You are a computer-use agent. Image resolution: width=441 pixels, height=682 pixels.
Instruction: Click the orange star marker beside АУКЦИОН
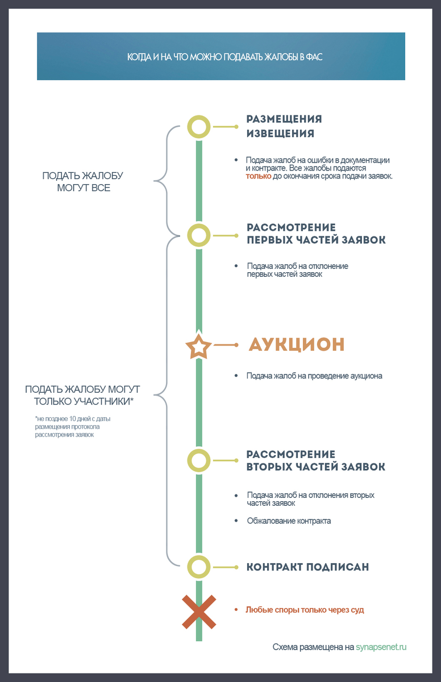[x=199, y=346]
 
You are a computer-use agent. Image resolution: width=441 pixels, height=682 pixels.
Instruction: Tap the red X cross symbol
[x=199, y=612]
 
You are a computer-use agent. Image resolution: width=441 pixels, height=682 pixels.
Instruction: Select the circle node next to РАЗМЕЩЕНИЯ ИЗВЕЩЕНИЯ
[x=199, y=127]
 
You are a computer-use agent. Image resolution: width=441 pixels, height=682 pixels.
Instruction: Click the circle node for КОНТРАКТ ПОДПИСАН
[x=199, y=567]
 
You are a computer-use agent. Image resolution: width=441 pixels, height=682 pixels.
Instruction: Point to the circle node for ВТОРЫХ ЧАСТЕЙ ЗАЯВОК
[x=199, y=460]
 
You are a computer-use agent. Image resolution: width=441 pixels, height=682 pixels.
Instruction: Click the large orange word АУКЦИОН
[x=297, y=344]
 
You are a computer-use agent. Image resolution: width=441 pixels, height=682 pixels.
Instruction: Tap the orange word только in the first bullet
[x=258, y=176]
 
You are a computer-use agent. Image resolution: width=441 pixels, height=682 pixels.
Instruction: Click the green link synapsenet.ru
[x=381, y=647]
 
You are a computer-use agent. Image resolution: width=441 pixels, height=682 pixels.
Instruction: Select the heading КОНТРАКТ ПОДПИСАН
[x=307, y=567]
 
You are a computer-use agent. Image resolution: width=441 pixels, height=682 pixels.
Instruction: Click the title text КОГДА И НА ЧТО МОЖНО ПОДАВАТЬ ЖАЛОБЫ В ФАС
[x=225, y=57]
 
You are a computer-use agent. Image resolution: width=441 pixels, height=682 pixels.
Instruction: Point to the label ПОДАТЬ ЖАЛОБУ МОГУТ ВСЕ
[x=83, y=181]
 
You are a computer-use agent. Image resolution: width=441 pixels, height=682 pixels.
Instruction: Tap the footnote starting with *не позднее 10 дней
[x=72, y=427]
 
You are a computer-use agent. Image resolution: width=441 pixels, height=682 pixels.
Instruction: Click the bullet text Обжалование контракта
[x=289, y=521]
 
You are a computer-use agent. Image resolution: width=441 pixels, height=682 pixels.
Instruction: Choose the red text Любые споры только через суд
[x=305, y=610]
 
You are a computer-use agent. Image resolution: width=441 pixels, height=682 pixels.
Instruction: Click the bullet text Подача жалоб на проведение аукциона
[x=314, y=376]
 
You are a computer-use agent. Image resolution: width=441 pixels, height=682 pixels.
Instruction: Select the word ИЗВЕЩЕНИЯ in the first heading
[x=280, y=134]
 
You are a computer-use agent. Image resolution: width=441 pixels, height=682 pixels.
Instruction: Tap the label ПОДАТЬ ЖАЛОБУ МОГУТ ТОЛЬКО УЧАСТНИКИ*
[x=82, y=395]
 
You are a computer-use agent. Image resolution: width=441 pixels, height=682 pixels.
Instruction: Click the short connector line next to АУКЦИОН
[x=226, y=345]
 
